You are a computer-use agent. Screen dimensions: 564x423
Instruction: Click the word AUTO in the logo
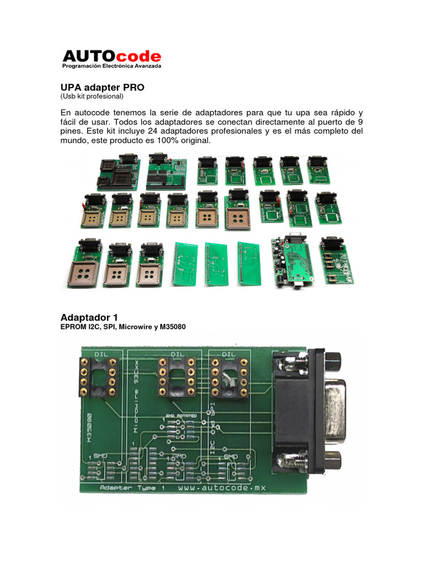[89, 56]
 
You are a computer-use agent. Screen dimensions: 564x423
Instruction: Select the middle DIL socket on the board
[177, 377]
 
